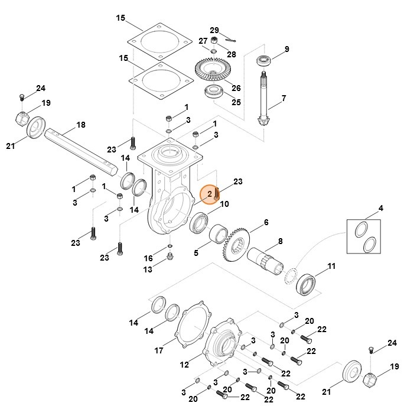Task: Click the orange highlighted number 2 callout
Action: coord(210,194)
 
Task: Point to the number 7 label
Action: coord(284,98)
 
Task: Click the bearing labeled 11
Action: coord(307,282)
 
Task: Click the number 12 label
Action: coord(184,363)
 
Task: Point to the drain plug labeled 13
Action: coord(170,256)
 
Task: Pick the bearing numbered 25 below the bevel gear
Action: coord(212,92)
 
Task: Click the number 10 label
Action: coord(224,204)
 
